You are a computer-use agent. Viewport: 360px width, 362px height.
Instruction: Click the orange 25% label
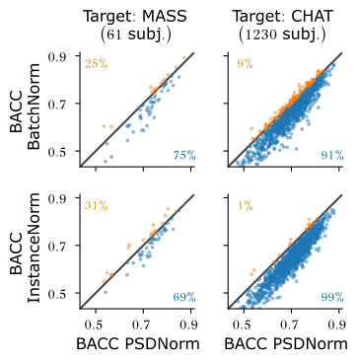tap(96, 65)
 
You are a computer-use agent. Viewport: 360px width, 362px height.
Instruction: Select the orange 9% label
tap(242, 65)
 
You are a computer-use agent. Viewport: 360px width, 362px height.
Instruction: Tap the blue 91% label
tap(331, 156)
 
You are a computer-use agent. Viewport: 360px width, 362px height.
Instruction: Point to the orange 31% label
tap(96, 206)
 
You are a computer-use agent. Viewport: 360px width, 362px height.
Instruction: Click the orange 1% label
tap(245, 206)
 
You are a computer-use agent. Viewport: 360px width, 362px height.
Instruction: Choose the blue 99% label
tap(331, 297)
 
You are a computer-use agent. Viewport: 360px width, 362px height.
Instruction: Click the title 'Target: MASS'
tap(136, 18)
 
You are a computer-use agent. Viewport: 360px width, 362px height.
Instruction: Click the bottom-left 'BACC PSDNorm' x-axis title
tap(136, 344)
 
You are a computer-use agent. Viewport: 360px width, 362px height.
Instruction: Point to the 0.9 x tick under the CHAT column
tap(336, 322)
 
